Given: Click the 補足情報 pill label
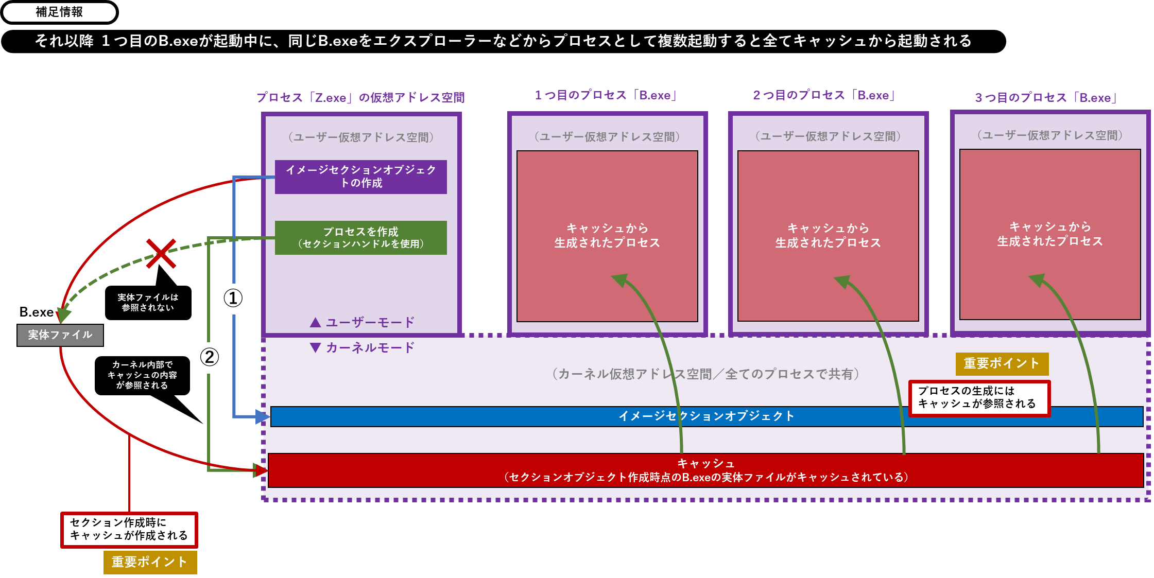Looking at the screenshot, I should coord(59,12).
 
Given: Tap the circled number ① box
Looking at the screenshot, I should coord(233,299).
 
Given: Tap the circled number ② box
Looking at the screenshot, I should coord(209,358).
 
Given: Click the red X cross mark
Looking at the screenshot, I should coord(161,253).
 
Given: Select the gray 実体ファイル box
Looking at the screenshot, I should coord(60,335).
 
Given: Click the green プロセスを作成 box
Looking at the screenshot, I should coord(360,238).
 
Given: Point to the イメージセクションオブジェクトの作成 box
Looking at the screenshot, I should coord(360,177).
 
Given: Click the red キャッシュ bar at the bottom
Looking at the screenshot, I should coord(705,470).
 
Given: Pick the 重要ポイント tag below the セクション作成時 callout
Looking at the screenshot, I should coord(150,562).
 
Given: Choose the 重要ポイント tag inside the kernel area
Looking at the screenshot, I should coord(1002,364).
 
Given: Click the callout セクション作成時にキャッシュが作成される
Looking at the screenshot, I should coord(129,530).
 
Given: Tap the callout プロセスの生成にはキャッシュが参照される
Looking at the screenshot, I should coord(978,398).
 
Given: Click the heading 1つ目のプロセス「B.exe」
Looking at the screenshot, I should coord(607,95).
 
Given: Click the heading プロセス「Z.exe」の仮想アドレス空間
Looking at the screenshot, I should coord(360,97).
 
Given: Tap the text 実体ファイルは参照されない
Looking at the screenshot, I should coord(148,302).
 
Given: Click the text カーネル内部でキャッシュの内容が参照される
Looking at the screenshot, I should coord(142,375).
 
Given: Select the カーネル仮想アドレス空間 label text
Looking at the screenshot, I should coord(705,374).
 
